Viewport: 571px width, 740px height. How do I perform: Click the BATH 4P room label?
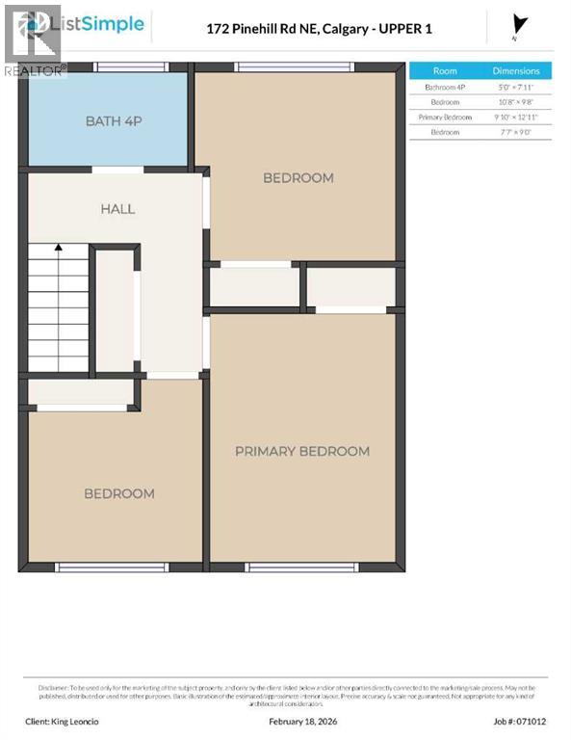pos(107,120)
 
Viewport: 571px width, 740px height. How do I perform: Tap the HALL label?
pos(117,209)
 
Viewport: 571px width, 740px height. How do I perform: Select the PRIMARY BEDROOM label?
pos(302,451)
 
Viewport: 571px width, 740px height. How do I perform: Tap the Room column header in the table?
pos(445,70)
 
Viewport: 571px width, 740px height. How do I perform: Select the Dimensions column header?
pos(516,70)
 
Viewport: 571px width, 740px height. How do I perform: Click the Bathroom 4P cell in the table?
pos(445,87)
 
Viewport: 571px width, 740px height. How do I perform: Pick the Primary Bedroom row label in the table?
pos(445,117)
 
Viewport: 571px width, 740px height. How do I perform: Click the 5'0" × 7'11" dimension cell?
pos(516,87)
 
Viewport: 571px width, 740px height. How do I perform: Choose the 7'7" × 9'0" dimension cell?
pos(516,131)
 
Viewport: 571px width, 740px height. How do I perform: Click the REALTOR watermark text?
pos(35,70)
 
